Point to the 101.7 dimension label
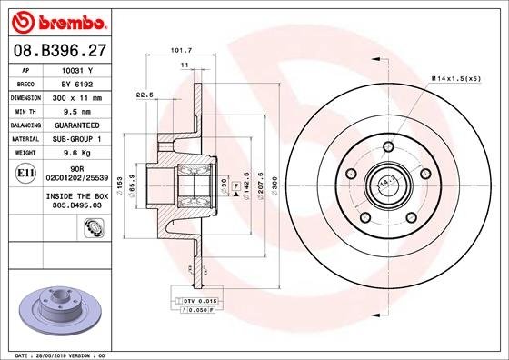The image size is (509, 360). (180, 51)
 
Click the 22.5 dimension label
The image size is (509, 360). (144, 94)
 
